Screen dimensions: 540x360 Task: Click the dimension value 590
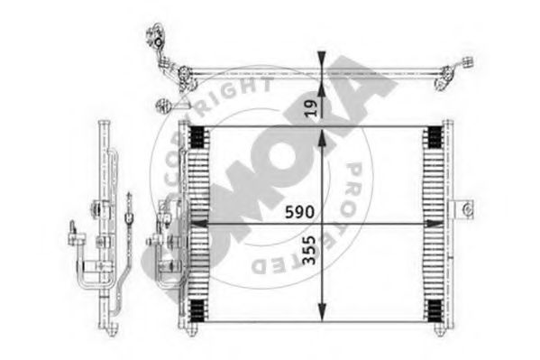299,212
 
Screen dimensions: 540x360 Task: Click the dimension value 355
308,250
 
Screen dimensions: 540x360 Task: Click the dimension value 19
312,108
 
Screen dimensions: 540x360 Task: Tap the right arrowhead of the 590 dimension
435,224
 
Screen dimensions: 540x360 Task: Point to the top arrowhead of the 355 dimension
322,139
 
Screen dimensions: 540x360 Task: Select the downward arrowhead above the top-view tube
322,60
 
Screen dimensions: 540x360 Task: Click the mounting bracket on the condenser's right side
462,209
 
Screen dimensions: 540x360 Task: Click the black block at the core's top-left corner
198,136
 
